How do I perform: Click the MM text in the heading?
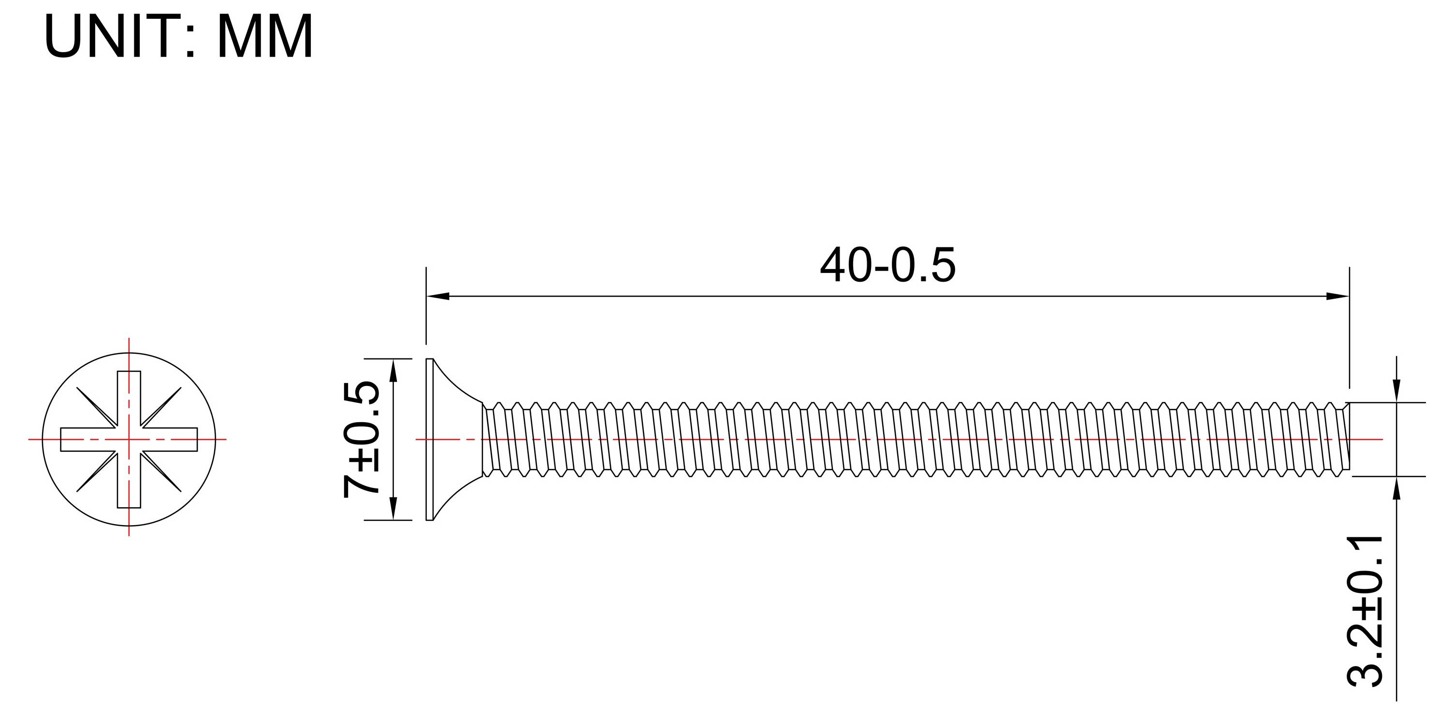tap(265, 36)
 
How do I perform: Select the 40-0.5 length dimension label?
tap(887, 265)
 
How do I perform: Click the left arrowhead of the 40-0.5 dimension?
tap(438, 296)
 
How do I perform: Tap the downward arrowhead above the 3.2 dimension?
tap(1396, 390)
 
